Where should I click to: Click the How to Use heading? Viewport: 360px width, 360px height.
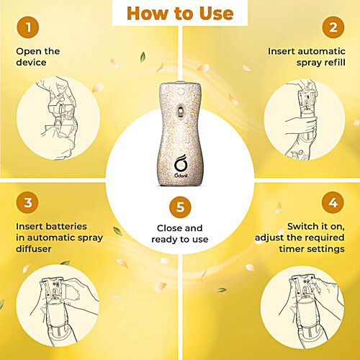tap(179, 13)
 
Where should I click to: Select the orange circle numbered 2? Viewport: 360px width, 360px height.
tap(333, 29)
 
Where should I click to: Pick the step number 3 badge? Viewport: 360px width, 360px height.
tap(27, 204)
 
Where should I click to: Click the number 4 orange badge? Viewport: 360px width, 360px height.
tap(333, 204)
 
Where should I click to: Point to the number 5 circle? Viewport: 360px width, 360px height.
tap(180, 207)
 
